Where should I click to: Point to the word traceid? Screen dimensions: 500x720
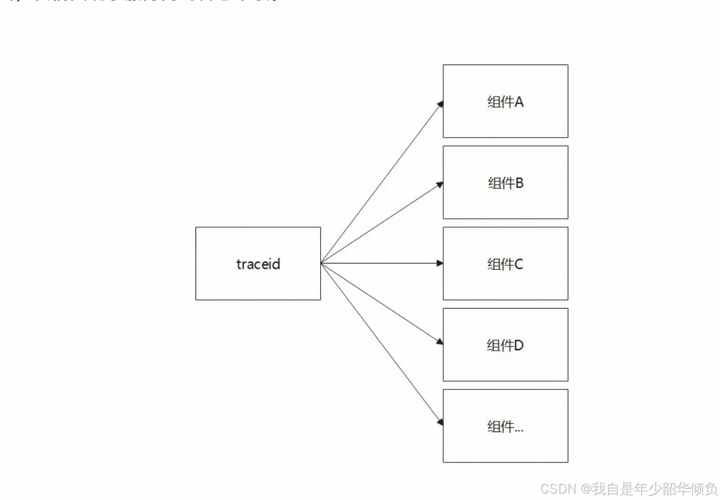click(258, 264)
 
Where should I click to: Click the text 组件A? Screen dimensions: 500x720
click(505, 102)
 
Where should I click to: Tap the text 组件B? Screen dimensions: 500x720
click(505, 183)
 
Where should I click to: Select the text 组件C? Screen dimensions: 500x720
click(505, 265)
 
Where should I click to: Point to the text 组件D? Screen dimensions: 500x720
click(505, 345)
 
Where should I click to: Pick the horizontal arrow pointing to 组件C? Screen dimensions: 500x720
click(380, 263)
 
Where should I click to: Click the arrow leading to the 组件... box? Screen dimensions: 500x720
click(380, 343)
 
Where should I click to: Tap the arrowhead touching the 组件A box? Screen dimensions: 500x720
click(440, 105)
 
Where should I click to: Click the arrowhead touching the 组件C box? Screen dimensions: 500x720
click(440, 263)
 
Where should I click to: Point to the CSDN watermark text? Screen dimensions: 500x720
click(629, 489)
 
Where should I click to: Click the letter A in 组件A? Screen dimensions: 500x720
click(519, 102)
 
